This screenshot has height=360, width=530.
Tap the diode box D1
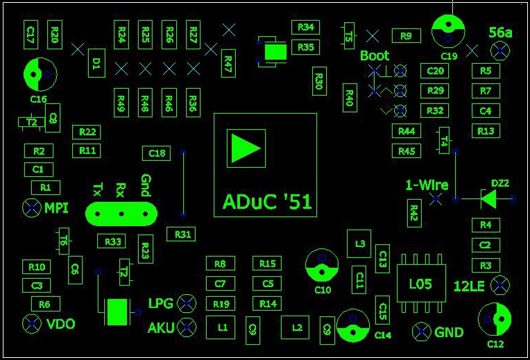(96, 65)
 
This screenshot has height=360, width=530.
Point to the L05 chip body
(420, 284)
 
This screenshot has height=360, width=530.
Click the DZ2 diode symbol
(488, 199)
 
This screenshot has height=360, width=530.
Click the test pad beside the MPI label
(31, 207)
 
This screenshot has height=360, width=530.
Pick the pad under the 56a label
(499, 51)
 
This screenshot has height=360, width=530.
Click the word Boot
(375, 55)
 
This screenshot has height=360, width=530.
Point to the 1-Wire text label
(427, 185)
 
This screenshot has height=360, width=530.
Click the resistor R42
(414, 212)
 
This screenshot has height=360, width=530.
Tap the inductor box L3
(359, 243)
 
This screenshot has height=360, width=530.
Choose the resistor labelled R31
(182, 234)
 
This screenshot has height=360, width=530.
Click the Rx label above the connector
(121, 189)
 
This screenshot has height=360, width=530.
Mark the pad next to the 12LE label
(499, 285)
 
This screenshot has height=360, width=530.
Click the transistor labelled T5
(348, 35)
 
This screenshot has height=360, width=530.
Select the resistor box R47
(227, 63)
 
